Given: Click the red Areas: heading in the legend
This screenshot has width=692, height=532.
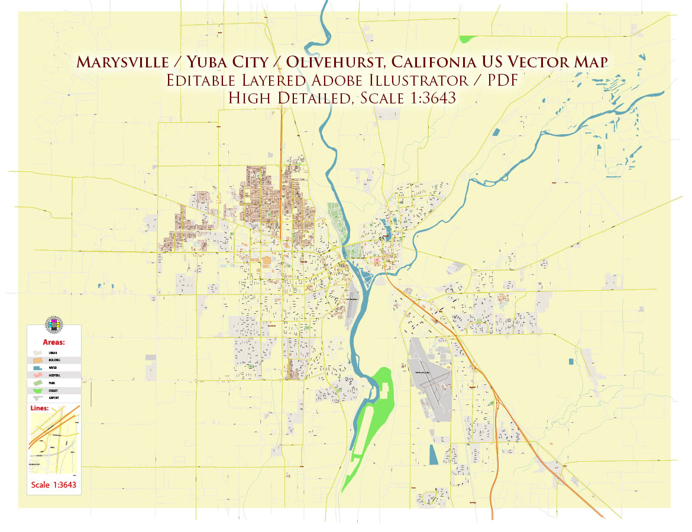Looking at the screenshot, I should (54, 342).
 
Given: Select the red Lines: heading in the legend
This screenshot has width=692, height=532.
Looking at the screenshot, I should (40, 408).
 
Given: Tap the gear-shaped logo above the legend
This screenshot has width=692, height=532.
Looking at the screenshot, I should (54, 326).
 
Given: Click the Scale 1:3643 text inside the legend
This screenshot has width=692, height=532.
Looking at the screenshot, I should (53, 486).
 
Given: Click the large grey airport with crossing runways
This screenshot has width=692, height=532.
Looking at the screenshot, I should (430, 378).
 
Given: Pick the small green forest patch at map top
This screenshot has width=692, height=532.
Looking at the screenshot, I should (467, 39).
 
